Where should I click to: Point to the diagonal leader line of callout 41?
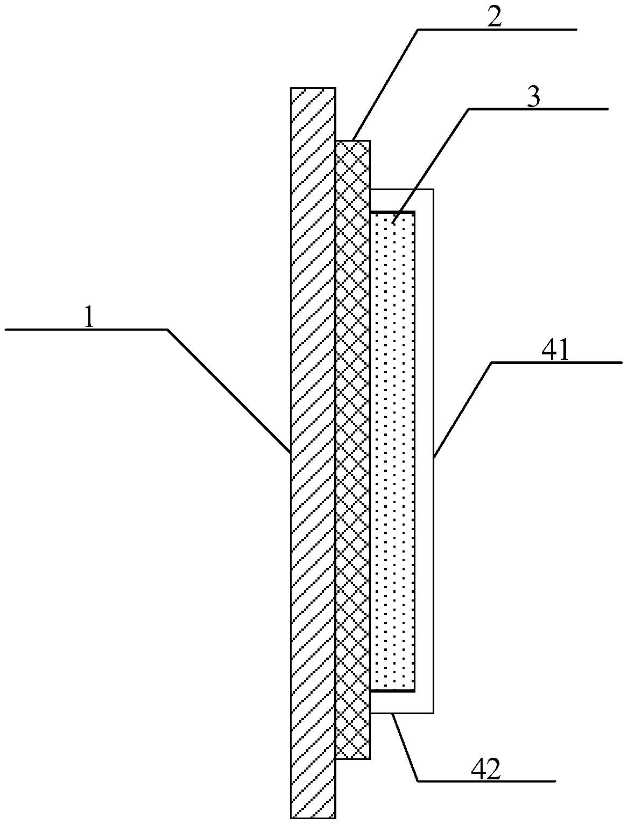click(463, 409)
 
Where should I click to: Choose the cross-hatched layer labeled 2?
click(353, 447)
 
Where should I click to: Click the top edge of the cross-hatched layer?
click(353, 141)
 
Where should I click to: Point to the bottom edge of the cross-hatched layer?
click(353, 759)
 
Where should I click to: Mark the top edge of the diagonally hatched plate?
click(313, 88)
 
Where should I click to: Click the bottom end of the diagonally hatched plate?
click(313, 818)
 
